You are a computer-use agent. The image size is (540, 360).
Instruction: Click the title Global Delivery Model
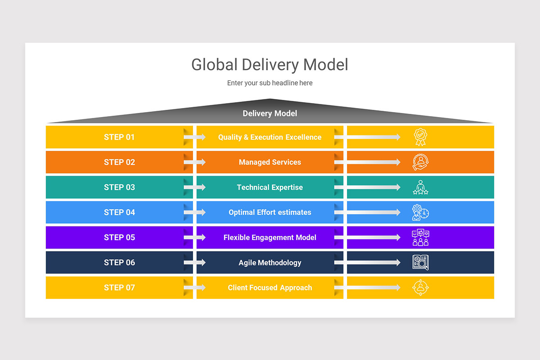point(270,64)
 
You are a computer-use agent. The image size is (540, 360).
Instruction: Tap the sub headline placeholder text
point(270,83)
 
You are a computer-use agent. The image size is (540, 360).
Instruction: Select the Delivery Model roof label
point(270,113)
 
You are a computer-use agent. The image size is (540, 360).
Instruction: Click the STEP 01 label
point(119,137)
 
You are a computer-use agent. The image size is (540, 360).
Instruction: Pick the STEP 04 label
point(119,212)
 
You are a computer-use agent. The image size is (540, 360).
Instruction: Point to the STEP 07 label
point(119,288)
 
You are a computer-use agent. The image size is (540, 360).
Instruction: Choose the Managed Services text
point(270,162)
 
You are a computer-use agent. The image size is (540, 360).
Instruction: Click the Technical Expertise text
point(270,188)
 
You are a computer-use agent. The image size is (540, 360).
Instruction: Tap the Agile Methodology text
point(270,263)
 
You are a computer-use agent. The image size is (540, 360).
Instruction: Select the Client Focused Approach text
point(270,288)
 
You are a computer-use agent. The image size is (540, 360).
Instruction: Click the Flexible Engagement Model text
point(270,238)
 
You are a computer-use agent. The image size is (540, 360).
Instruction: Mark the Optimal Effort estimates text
point(270,212)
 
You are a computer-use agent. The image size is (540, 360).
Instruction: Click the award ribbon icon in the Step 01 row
point(420,137)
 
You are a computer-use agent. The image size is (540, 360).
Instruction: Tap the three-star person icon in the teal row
point(420,188)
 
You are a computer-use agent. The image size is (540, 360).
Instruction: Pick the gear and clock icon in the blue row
point(420,212)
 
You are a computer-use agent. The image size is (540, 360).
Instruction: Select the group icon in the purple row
point(420,238)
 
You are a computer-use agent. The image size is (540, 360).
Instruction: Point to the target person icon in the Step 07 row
point(420,288)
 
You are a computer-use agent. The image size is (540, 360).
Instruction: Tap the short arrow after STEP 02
point(195,162)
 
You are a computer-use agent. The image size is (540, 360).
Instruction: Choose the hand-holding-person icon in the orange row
point(420,162)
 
